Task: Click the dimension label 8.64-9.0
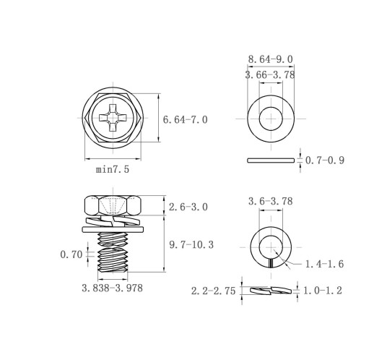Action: click(x=271, y=59)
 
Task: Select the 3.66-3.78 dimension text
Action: click(x=270, y=74)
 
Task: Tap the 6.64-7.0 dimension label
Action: click(x=185, y=120)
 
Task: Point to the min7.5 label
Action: click(x=113, y=169)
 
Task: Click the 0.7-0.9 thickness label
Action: click(x=325, y=160)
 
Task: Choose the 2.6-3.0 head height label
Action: click(x=188, y=207)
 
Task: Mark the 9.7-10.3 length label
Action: click(x=191, y=245)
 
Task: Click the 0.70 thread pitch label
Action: click(x=71, y=254)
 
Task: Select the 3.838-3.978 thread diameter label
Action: click(x=112, y=288)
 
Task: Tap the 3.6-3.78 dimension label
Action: click(x=271, y=201)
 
